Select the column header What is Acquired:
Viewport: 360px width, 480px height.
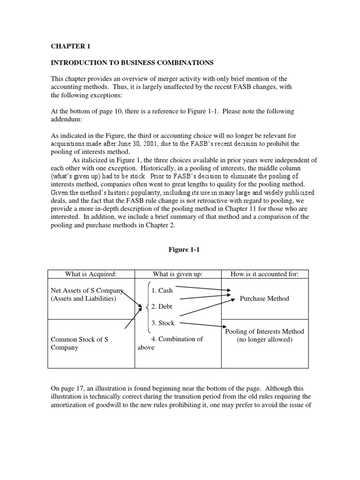click(91, 274)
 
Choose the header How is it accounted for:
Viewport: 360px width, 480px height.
click(265, 274)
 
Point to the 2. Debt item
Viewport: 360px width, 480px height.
click(162, 307)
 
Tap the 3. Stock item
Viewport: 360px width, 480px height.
click(163, 323)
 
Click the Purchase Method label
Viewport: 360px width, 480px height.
click(264, 299)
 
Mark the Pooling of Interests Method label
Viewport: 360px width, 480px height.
click(264, 331)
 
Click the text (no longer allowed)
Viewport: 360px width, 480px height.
click(264, 339)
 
